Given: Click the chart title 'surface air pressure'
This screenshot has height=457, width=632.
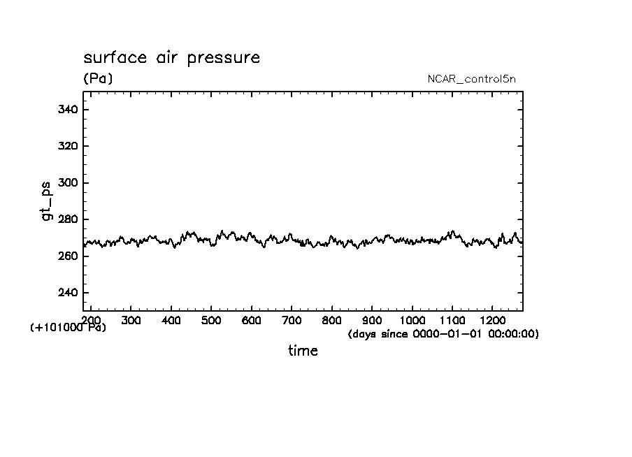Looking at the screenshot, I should [x=171, y=57].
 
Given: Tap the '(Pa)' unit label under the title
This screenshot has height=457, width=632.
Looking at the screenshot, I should [x=98, y=79].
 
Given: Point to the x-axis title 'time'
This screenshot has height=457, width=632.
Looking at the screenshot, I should [x=303, y=351].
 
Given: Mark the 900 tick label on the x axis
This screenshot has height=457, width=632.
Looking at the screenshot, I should [x=372, y=320].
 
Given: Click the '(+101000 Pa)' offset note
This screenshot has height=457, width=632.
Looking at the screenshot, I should [x=69, y=328].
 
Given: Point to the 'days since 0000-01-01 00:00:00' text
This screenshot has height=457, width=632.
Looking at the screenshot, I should [x=443, y=335].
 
